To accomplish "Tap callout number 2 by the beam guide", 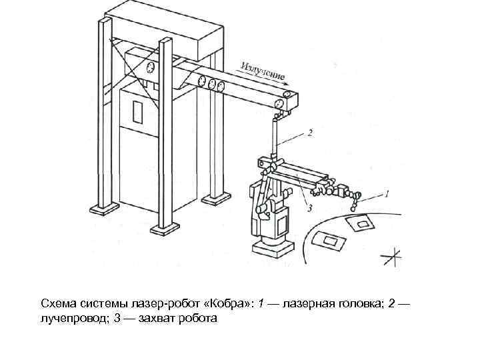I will (310, 133).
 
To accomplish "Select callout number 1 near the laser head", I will (386, 194).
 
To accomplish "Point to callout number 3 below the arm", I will (309, 209).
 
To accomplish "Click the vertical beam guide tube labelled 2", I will (275, 137).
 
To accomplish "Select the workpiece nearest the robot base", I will (329, 241).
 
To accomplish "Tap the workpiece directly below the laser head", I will (364, 223).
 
